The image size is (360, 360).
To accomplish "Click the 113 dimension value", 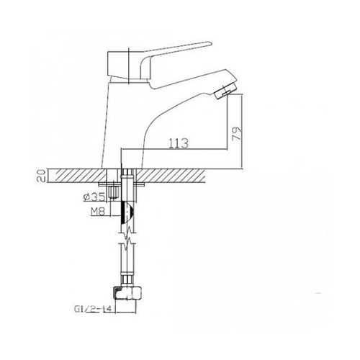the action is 179,143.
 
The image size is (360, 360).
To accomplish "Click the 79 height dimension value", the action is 237,134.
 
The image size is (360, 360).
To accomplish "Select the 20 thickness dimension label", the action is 41,176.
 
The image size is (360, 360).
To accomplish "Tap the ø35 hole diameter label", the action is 94,197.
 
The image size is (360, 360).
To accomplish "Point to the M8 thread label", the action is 98,211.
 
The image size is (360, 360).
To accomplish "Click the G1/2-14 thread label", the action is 93,309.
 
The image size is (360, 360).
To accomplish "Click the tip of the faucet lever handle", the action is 211,43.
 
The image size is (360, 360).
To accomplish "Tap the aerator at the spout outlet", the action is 226,91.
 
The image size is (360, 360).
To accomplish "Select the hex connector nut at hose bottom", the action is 126,293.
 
